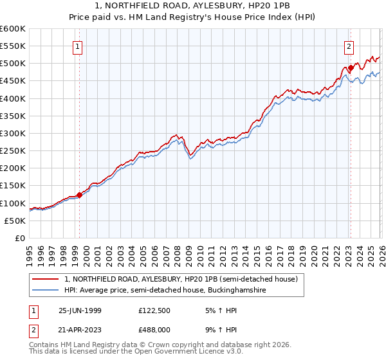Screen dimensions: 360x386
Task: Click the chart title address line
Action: pos(193,6)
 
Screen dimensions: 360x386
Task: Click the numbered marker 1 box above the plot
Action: pos(77,46)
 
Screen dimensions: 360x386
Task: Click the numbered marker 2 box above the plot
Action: pos(348,46)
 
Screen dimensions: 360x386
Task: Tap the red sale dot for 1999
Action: pos(79,195)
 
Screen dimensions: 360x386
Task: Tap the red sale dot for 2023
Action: pos(351,67)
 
